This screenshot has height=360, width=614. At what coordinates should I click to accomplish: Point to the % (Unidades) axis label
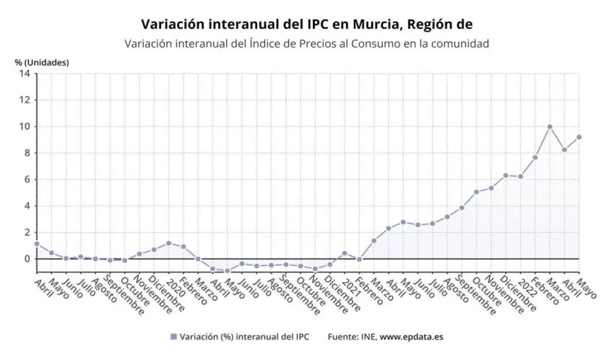click(x=42, y=62)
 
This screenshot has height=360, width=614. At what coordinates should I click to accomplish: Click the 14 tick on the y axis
click(x=25, y=74)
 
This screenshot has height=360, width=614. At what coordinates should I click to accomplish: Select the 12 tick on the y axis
click(x=25, y=100)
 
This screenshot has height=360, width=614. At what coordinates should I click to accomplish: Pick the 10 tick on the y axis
click(x=25, y=127)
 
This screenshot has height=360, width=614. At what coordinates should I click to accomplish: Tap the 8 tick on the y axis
click(x=27, y=153)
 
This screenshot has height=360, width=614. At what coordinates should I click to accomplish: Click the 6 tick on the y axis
click(x=27, y=179)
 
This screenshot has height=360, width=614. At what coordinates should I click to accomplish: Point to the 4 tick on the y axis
click(x=27, y=206)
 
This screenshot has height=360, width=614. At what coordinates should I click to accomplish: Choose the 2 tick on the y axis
click(x=27, y=232)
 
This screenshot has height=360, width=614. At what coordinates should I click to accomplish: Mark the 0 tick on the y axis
click(x=27, y=259)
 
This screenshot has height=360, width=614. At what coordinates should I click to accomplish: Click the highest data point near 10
click(x=550, y=127)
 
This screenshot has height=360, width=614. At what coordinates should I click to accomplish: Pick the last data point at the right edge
click(x=579, y=137)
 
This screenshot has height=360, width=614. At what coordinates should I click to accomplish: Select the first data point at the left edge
click(x=37, y=244)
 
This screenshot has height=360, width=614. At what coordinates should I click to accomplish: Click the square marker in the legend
click(x=173, y=337)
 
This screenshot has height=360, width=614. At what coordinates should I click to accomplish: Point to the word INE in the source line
click(x=367, y=337)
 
